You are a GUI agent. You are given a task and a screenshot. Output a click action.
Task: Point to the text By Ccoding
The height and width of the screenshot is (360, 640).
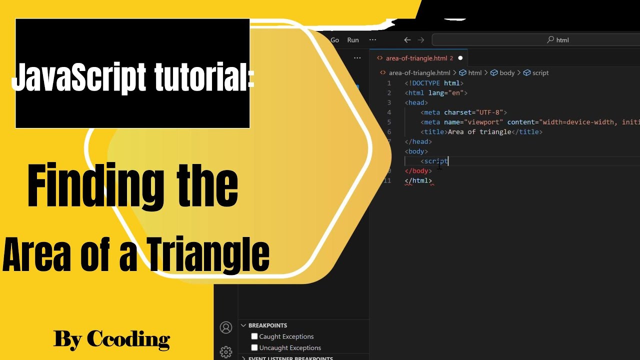point(111,339)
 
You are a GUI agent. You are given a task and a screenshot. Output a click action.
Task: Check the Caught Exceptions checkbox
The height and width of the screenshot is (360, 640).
point(254,336)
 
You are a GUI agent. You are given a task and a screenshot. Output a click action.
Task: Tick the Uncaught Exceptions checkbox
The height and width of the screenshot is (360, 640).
point(254,347)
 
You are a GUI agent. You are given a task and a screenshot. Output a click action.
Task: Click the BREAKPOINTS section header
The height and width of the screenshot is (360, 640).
point(267,325)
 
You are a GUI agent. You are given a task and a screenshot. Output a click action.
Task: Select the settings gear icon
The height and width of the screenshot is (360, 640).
point(226,352)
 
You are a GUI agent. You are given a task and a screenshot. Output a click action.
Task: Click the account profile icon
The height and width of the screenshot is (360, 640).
point(226,327)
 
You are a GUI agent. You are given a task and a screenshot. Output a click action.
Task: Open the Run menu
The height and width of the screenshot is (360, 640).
point(353,40)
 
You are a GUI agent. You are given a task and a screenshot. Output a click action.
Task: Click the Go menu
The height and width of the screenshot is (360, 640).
point(334,40)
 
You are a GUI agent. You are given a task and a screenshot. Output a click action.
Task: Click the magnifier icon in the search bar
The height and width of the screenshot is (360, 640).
point(550,40)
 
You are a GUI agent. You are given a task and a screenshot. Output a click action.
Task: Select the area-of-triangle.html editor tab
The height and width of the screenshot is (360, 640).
point(416,58)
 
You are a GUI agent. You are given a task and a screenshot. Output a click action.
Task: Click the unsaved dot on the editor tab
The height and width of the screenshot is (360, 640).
point(460,58)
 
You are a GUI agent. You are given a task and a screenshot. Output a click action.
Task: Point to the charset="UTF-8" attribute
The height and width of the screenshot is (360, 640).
point(475,112)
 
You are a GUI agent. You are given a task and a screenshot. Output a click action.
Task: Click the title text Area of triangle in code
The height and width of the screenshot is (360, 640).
point(479,132)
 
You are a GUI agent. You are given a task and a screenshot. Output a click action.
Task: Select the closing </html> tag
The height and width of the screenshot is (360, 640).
point(418,180)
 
